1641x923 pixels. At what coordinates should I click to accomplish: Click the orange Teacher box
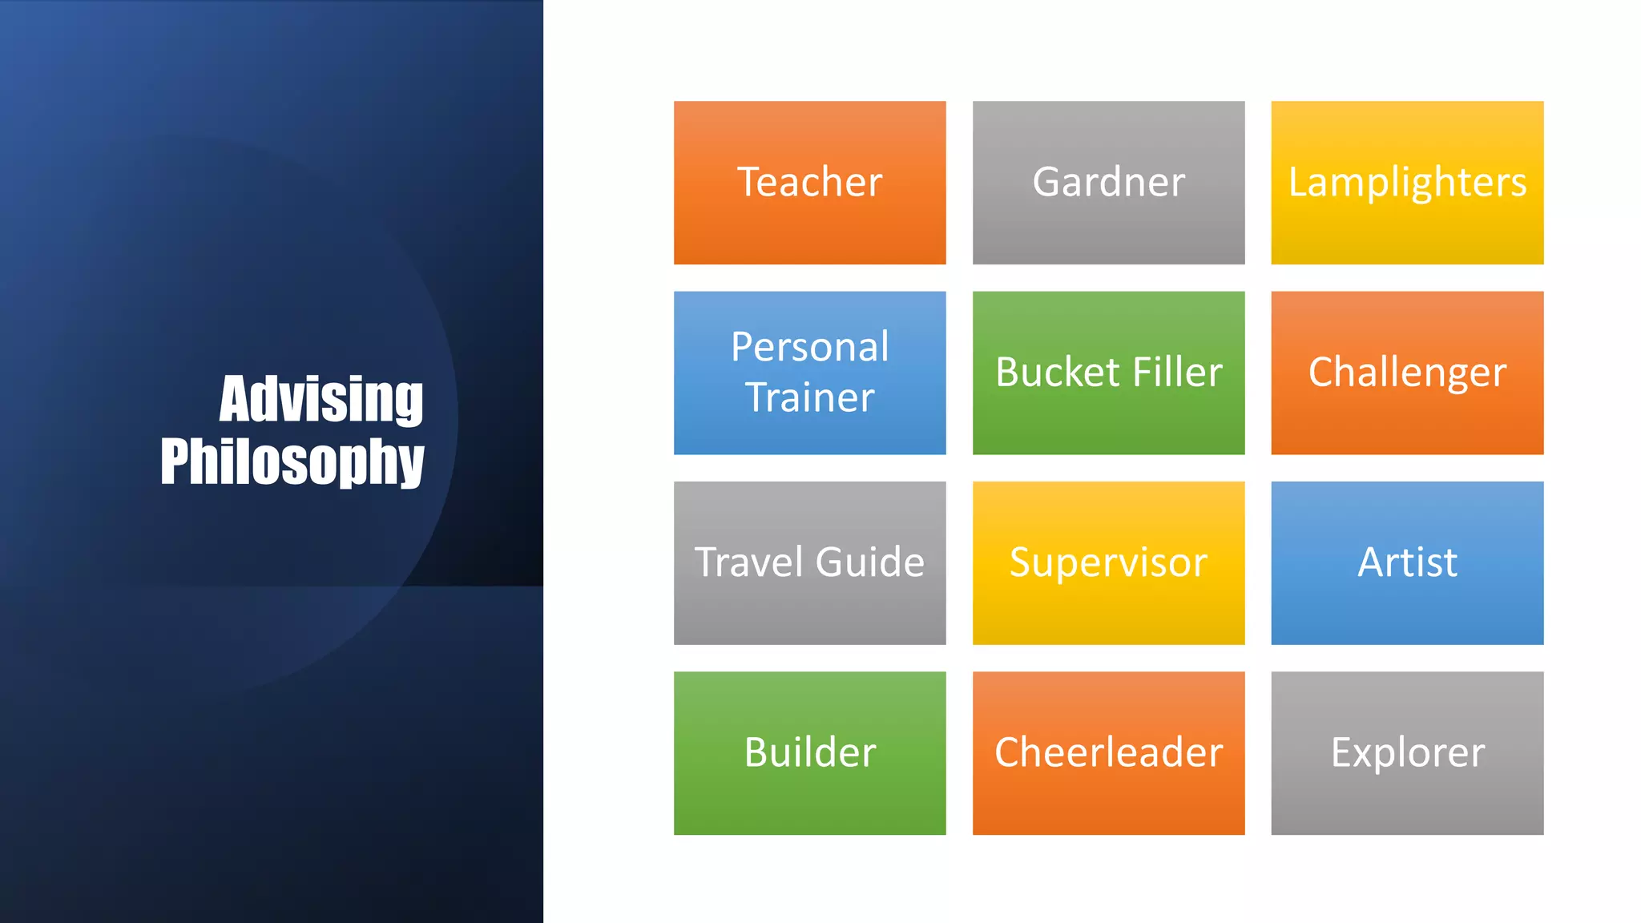809,183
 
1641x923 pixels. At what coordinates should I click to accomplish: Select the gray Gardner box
1108,183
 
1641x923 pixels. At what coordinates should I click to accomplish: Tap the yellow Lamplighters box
1407,183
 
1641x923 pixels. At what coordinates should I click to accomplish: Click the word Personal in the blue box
809,347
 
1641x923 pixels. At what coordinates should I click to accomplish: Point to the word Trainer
809,397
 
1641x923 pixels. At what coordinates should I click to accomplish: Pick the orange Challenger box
1407,373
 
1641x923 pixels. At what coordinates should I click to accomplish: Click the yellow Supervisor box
1108,562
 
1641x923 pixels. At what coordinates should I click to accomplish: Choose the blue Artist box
1407,562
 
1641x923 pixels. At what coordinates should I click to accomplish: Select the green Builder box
809,752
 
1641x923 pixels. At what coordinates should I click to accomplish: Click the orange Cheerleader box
1108,752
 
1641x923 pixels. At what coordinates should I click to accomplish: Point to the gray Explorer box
1407,752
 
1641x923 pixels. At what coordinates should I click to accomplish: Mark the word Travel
748,562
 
